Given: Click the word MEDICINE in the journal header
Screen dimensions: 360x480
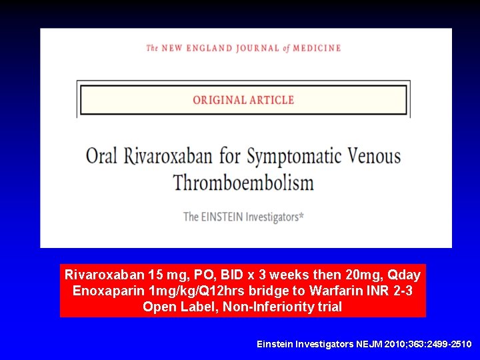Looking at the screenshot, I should click(x=317, y=48).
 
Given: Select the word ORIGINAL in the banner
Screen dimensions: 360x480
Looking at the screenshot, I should click(x=219, y=100).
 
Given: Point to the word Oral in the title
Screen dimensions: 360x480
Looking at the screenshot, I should click(x=101, y=157).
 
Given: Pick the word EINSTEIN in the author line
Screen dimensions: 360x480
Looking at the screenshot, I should click(x=221, y=216).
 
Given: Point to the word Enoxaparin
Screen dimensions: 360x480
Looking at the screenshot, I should click(x=105, y=291).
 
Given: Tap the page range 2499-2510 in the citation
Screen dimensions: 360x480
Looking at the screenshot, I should click(x=450, y=344).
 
